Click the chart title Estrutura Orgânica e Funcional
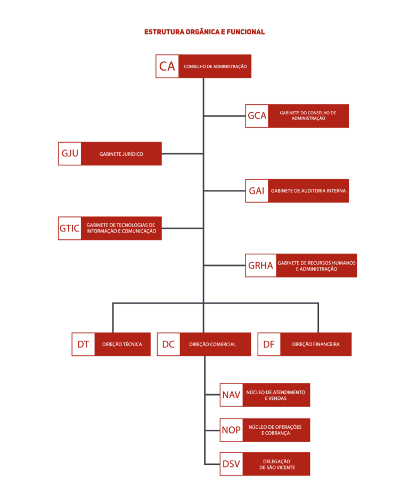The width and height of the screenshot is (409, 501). [x=204, y=32]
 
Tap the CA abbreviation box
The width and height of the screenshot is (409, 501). [x=167, y=66]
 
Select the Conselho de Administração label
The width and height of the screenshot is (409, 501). [x=215, y=66]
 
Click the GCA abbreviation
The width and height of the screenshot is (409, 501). [x=257, y=115]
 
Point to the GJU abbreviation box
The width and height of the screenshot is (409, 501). [x=69, y=154]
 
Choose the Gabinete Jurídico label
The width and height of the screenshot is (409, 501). [x=121, y=154]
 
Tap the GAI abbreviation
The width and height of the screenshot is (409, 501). [x=257, y=191]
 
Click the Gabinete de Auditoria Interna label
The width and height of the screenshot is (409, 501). [x=308, y=191]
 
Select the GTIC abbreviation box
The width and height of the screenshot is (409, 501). [x=69, y=229]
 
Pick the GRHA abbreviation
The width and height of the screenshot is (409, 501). [x=260, y=265]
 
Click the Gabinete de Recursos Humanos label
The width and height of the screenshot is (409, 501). [x=316, y=266]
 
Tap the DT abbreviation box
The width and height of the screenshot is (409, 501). [x=83, y=344]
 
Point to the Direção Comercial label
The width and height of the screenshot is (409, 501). [x=212, y=345]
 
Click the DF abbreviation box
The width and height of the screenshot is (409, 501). [x=269, y=344]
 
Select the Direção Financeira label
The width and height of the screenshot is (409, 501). [x=316, y=345]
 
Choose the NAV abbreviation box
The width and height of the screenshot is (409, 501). [x=231, y=395]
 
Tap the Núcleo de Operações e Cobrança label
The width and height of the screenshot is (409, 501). [x=275, y=430]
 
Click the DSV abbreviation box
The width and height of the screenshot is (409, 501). [x=231, y=464]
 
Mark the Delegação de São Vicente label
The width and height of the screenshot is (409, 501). [x=277, y=464]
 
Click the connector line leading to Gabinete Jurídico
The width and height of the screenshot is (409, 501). [x=183, y=154]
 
